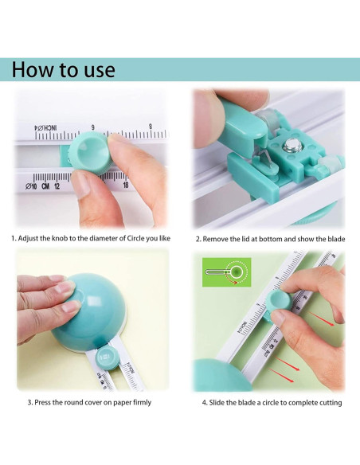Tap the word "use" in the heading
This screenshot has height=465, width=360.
100,72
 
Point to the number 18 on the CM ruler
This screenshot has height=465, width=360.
126,185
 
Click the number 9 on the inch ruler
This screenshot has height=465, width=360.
93,128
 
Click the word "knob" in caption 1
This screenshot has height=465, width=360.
60,238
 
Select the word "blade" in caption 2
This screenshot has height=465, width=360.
337,239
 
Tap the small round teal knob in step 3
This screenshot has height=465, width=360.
107,358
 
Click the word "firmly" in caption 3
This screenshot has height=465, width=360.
142,402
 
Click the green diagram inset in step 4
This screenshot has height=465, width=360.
226,272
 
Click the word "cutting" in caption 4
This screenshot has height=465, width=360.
331,403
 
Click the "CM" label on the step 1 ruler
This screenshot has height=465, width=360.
45,186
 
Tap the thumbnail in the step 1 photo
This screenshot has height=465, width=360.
81,183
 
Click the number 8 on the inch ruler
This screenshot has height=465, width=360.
151,127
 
